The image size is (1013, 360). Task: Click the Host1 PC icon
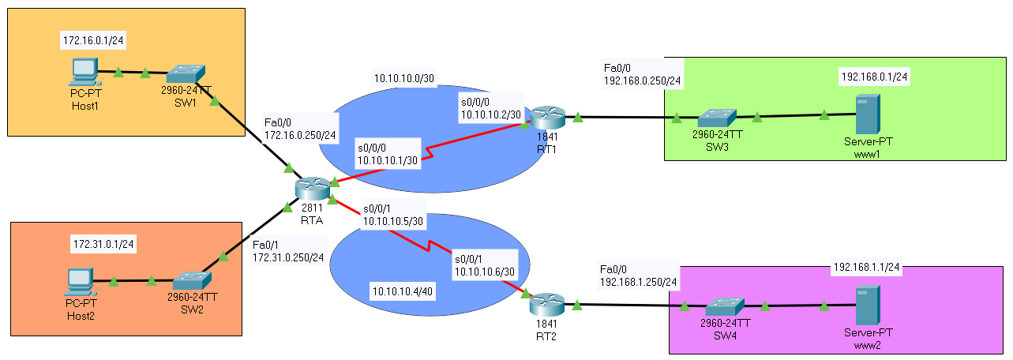pyautogui.click(x=85, y=72)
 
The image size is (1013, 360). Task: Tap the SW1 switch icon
pyautogui.click(x=186, y=74)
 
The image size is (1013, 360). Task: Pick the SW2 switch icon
pyautogui.click(x=192, y=281)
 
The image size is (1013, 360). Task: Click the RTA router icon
pyautogui.click(x=313, y=189)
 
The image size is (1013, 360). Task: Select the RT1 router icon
pyautogui.click(x=548, y=118)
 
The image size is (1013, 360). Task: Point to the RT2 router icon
pyautogui.click(x=547, y=305)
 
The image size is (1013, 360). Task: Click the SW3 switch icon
pyautogui.click(x=717, y=118)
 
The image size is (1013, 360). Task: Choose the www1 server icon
pyautogui.click(x=868, y=114)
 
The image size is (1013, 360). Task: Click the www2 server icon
pyautogui.click(x=868, y=306)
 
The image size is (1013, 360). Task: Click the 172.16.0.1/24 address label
pyautogui.click(x=93, y=41)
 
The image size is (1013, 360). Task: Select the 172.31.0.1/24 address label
pyautogui.click(x=103, y=244)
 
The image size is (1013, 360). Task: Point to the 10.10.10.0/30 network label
pyautogui.click(x=403, y=78)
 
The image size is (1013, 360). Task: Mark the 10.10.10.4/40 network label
pyautogui.click(x=403, y=291)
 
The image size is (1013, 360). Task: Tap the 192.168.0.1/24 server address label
pyautogui.click(x=874, y=77)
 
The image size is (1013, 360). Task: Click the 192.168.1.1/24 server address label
pyautogui.click(x=866, y=268)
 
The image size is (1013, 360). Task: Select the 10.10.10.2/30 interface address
pyautogui.click(x=491, y=115)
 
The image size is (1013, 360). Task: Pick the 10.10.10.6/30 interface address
pyautogui.click(x=485, y=272)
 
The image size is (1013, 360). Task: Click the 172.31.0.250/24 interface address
pyautogui.click(x=288, y=258)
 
